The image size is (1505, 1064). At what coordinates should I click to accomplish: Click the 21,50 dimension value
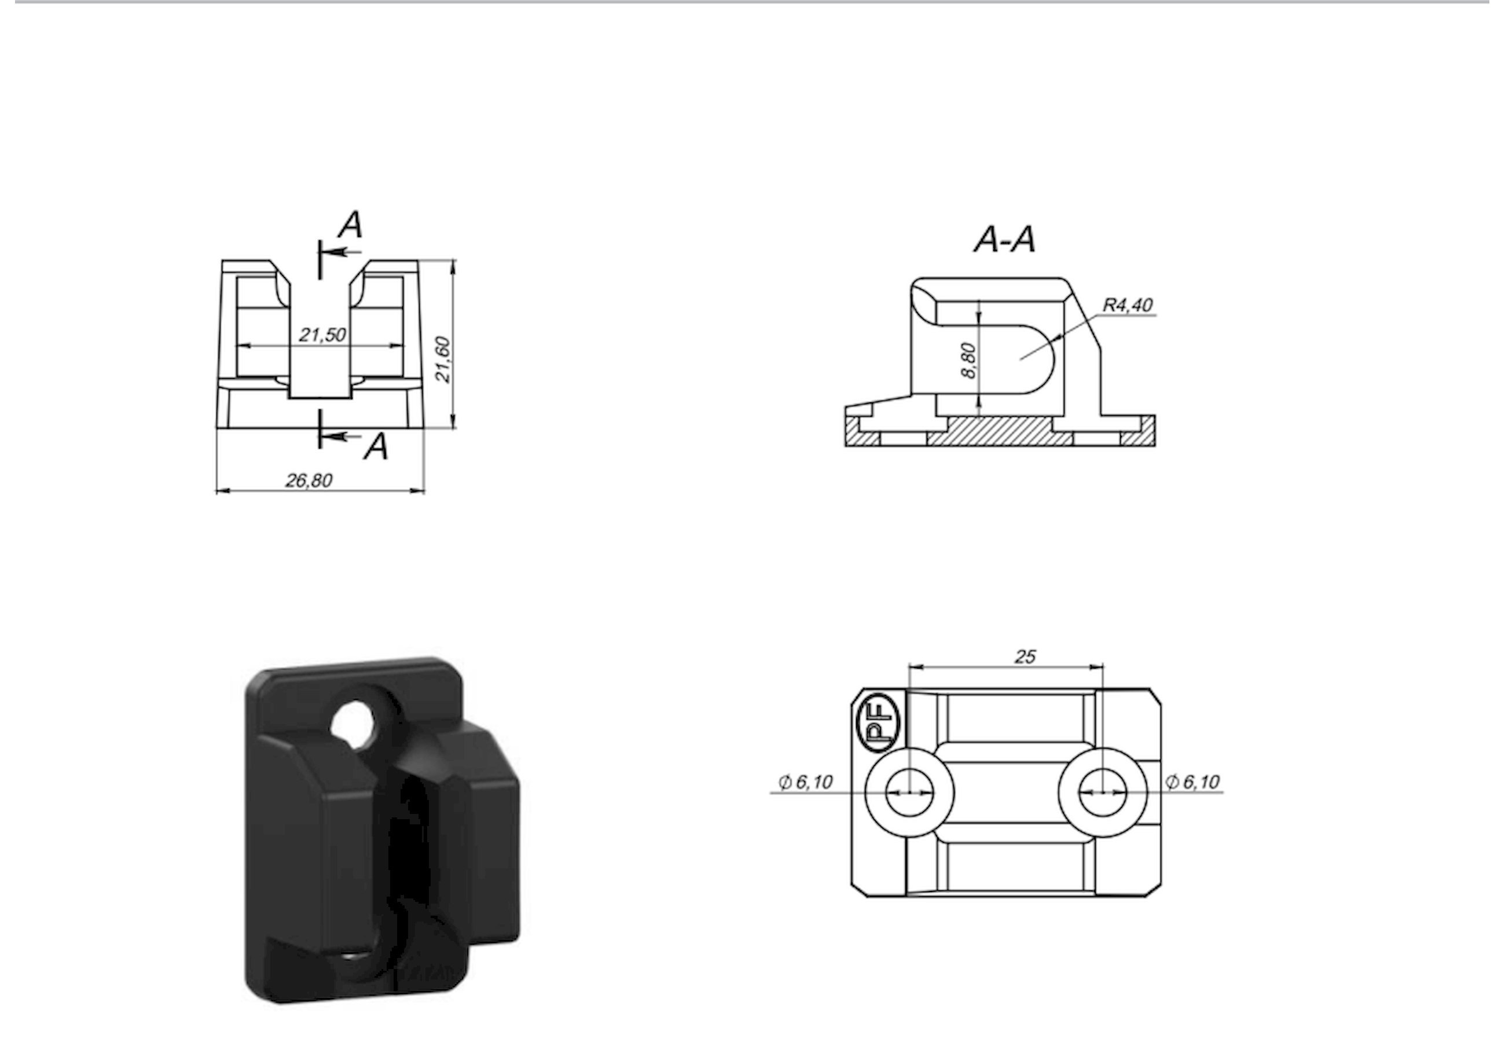[x=322, y=335]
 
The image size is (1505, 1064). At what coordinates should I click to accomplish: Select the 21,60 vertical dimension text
[x=443, y=359]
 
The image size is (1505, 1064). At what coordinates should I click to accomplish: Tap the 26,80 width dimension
[x=308, y=480]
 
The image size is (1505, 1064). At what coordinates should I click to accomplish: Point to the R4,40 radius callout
[x=1128, y=305]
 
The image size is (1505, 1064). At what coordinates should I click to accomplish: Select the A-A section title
[x=1004, y=239]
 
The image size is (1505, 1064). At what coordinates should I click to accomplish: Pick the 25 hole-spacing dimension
[x=1025, y=656]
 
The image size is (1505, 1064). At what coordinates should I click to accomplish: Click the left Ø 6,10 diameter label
[x=805, y=782]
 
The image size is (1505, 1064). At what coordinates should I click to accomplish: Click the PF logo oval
[x=882, y=724]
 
